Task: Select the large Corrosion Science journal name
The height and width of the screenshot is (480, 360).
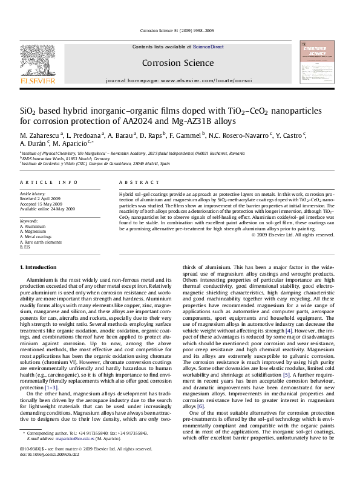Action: click(178, 62)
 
